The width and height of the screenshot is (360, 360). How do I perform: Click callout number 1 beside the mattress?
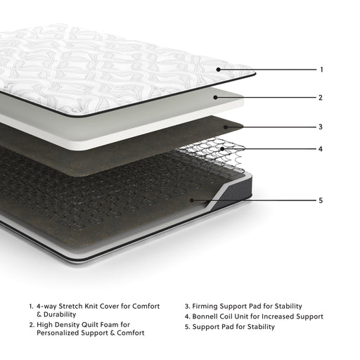point(321,70)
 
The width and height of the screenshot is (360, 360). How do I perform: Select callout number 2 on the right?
point(321,98)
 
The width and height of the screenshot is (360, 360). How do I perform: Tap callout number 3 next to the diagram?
point(321,127)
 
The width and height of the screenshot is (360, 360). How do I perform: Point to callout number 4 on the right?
point(321,149)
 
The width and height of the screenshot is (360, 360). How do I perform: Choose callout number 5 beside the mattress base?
point(321,200)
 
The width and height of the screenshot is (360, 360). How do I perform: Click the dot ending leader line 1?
point(219,70)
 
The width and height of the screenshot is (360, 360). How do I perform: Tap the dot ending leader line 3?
point(226,127)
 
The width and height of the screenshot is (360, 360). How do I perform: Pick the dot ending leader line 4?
point(223,149)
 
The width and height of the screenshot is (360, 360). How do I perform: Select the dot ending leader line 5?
point(192,200)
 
